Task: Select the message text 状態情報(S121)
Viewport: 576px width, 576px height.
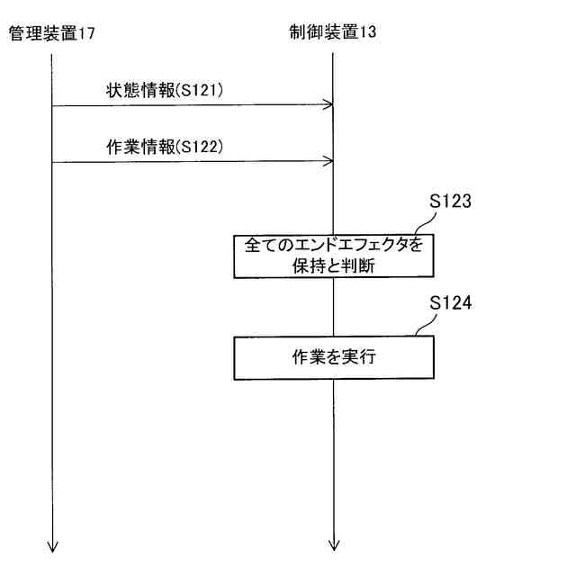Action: [163, 90]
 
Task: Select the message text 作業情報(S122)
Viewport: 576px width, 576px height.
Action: [163, 147]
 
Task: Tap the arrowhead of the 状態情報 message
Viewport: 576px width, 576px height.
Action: [329, 105]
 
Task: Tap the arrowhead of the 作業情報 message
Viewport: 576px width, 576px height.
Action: [329, 162]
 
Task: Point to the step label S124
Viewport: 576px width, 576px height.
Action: [450, 303]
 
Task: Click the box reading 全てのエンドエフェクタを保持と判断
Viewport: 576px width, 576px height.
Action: [333, 256]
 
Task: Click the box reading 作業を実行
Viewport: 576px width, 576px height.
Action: [333, 357]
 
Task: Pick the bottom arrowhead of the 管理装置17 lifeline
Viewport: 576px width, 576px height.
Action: [52, 543]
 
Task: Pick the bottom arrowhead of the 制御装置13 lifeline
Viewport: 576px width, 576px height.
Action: [334, 543]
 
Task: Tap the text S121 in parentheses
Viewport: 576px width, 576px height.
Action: [201, 90]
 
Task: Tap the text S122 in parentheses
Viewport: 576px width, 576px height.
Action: [201, 147]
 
